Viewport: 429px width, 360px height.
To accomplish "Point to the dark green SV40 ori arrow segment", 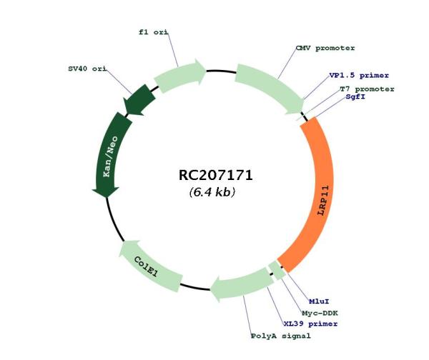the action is tap(139, 100).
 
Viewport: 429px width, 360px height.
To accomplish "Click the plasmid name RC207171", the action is tap(215, 175).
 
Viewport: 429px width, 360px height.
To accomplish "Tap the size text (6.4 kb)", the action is tap(212, 192).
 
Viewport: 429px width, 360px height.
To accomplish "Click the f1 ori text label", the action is tap(153, 32).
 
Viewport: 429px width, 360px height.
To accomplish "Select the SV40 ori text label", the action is tap(87, 69).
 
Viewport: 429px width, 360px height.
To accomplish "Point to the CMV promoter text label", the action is tap(325, 48).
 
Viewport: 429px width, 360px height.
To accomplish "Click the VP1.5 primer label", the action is tap(359, 76).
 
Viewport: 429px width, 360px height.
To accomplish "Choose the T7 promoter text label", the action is tap(368, 89).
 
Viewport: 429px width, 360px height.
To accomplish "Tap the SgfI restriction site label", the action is tap(355, 96).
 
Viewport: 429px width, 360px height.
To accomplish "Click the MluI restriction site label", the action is tap(319, 301).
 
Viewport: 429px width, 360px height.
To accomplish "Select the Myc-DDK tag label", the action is tap(320, 313).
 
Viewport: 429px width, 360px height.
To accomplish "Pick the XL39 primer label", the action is tap(310, 324).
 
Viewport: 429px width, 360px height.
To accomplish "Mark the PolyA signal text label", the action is tap(281, 336).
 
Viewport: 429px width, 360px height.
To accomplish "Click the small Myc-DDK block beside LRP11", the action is tap(277, 270).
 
